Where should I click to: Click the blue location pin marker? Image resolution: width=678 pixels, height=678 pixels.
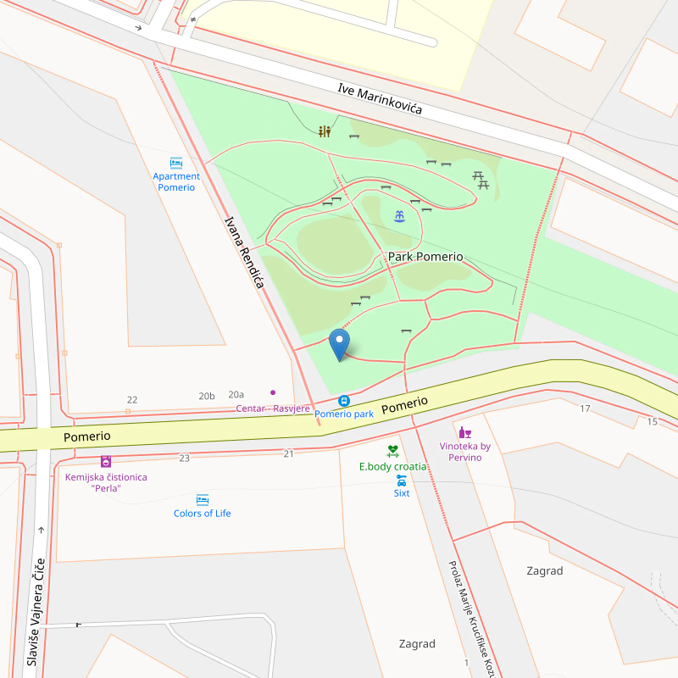[x=339, y=344]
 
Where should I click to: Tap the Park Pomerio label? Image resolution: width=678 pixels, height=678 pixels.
[x=425, y=256]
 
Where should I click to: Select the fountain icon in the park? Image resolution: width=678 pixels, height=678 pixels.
[x=399, y=216]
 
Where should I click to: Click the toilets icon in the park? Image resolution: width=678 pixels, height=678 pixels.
[x=325, y=131]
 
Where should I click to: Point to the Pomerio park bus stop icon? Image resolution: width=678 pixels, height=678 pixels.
[x=344, y=401]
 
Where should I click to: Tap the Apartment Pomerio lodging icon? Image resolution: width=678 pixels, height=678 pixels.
[x=176, y=164]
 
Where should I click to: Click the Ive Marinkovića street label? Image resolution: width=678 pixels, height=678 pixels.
[x=379, y=99]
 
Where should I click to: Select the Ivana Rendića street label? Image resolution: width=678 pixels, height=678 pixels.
[x=244, y=253]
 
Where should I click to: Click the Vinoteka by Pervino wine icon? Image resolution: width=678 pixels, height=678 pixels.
[x=464, y=432]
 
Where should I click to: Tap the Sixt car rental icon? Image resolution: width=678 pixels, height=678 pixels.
[x=402, y=481]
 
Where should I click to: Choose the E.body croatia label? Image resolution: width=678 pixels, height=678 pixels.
[x=392, y=466]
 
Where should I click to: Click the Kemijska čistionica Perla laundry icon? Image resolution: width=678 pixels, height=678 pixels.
[x=106, y=462]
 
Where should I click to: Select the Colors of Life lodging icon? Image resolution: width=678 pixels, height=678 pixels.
[x=203, y=500]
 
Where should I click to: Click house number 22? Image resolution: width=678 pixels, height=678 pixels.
[x=131, y=399]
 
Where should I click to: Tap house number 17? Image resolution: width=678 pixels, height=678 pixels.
[x=585, y=408]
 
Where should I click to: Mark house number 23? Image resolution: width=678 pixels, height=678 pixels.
[x=184, y=458]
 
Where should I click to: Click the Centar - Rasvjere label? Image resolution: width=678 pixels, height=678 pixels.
[x=272, y=408]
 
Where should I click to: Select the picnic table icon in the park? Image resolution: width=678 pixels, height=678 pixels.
[x=481, y=180]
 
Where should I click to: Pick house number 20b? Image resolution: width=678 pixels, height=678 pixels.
[x=207, y=396]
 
